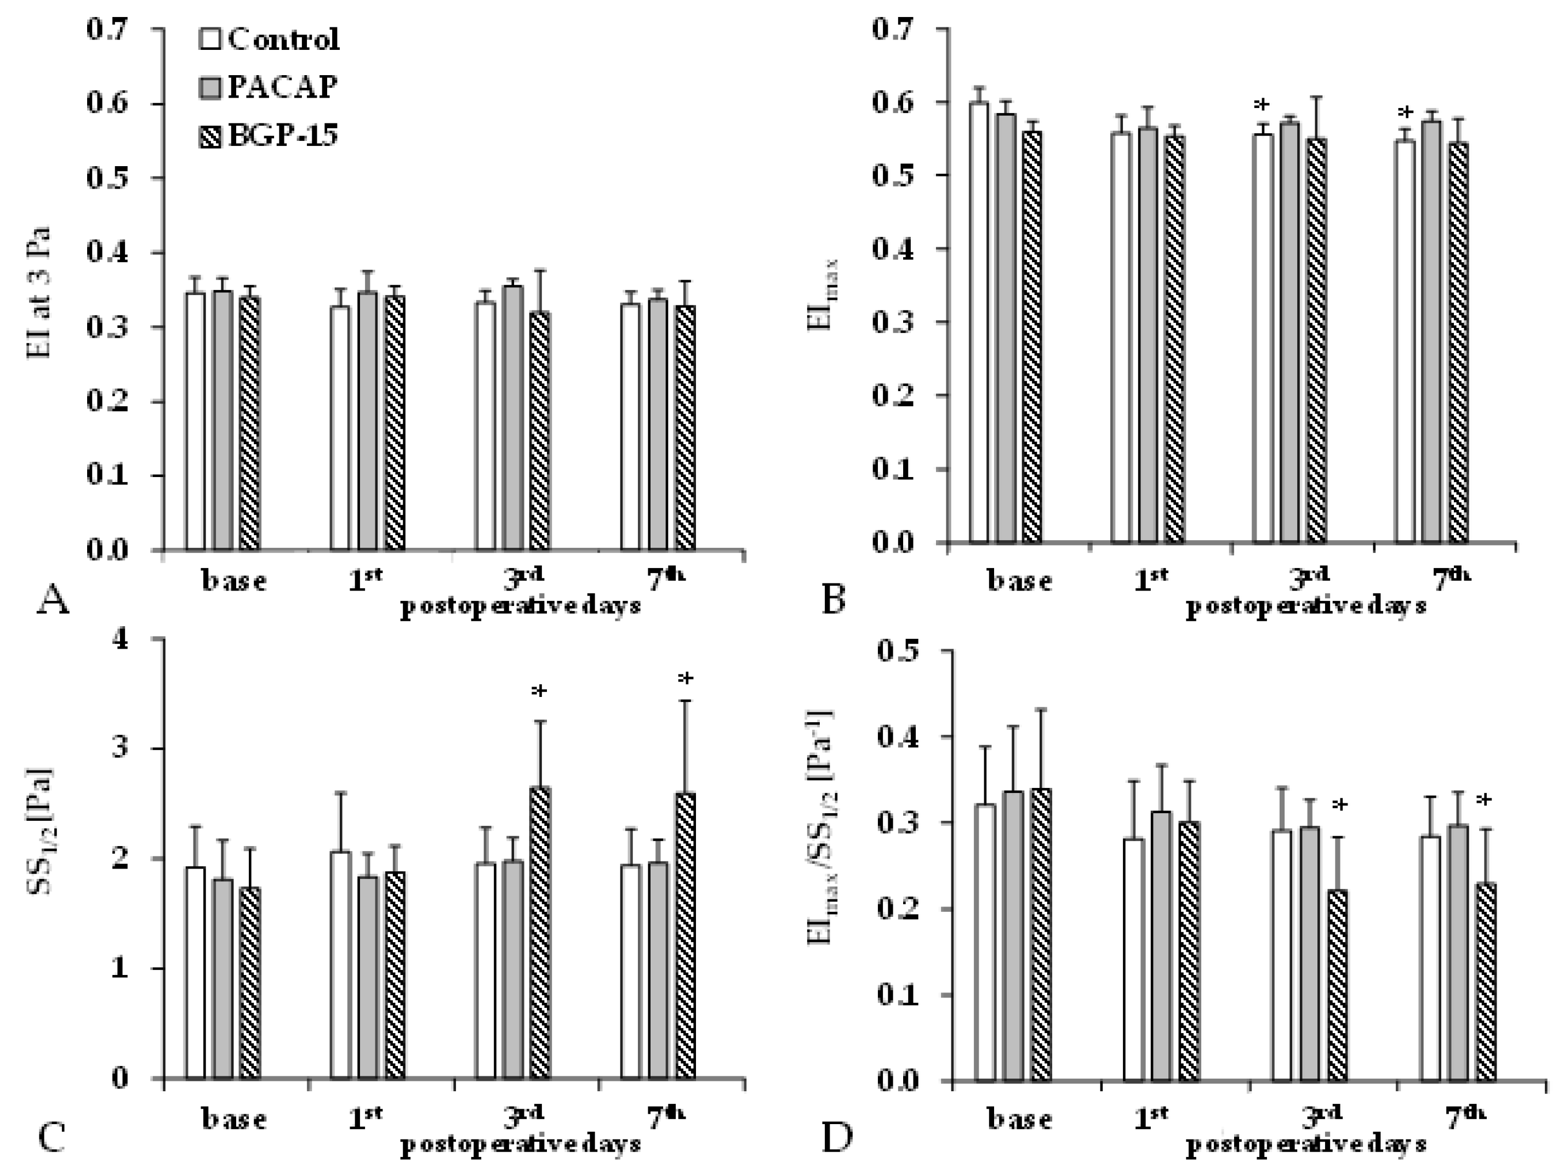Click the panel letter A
(52, 603)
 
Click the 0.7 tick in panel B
(897, 30)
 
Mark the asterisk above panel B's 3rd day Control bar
(1261, 106)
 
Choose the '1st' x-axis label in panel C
(365, 1118)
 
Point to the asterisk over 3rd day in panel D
(1339, 806)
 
